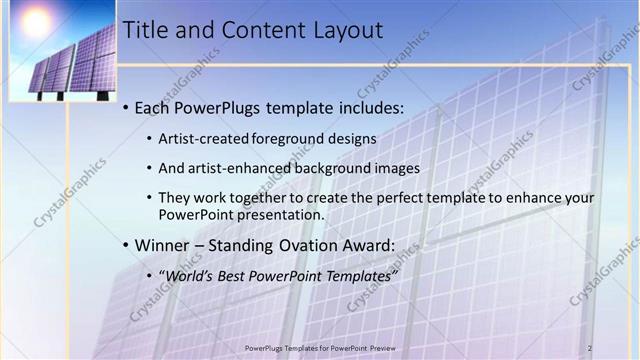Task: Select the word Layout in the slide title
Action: tap(347, 31)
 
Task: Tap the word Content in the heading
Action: tap(257, 31)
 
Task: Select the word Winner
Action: tap(162, 245)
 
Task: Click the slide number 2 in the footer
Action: tap(590, 347)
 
